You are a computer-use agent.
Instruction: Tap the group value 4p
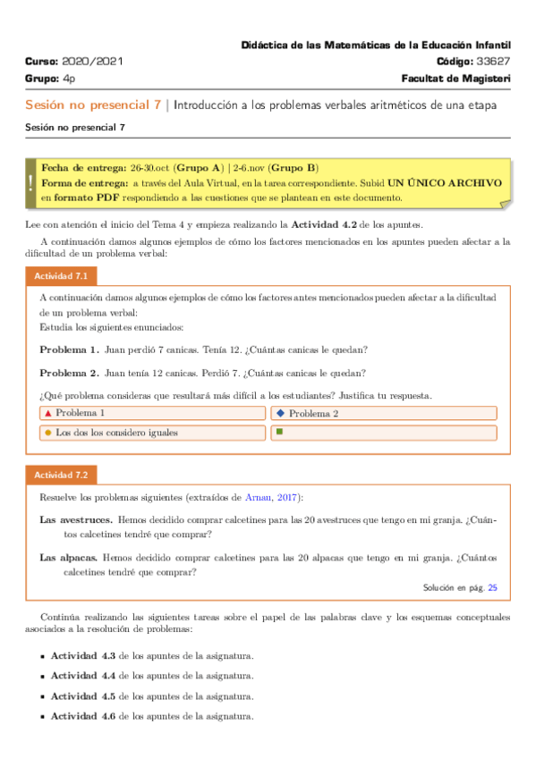click(x=69, y=79)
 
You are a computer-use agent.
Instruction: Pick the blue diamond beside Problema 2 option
click(x=280, y=413)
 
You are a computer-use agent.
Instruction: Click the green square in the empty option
click(x=280, y=433)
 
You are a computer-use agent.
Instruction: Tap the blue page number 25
click(x=492, y=588)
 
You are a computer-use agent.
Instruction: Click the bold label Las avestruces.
click(x=76, y=518)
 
